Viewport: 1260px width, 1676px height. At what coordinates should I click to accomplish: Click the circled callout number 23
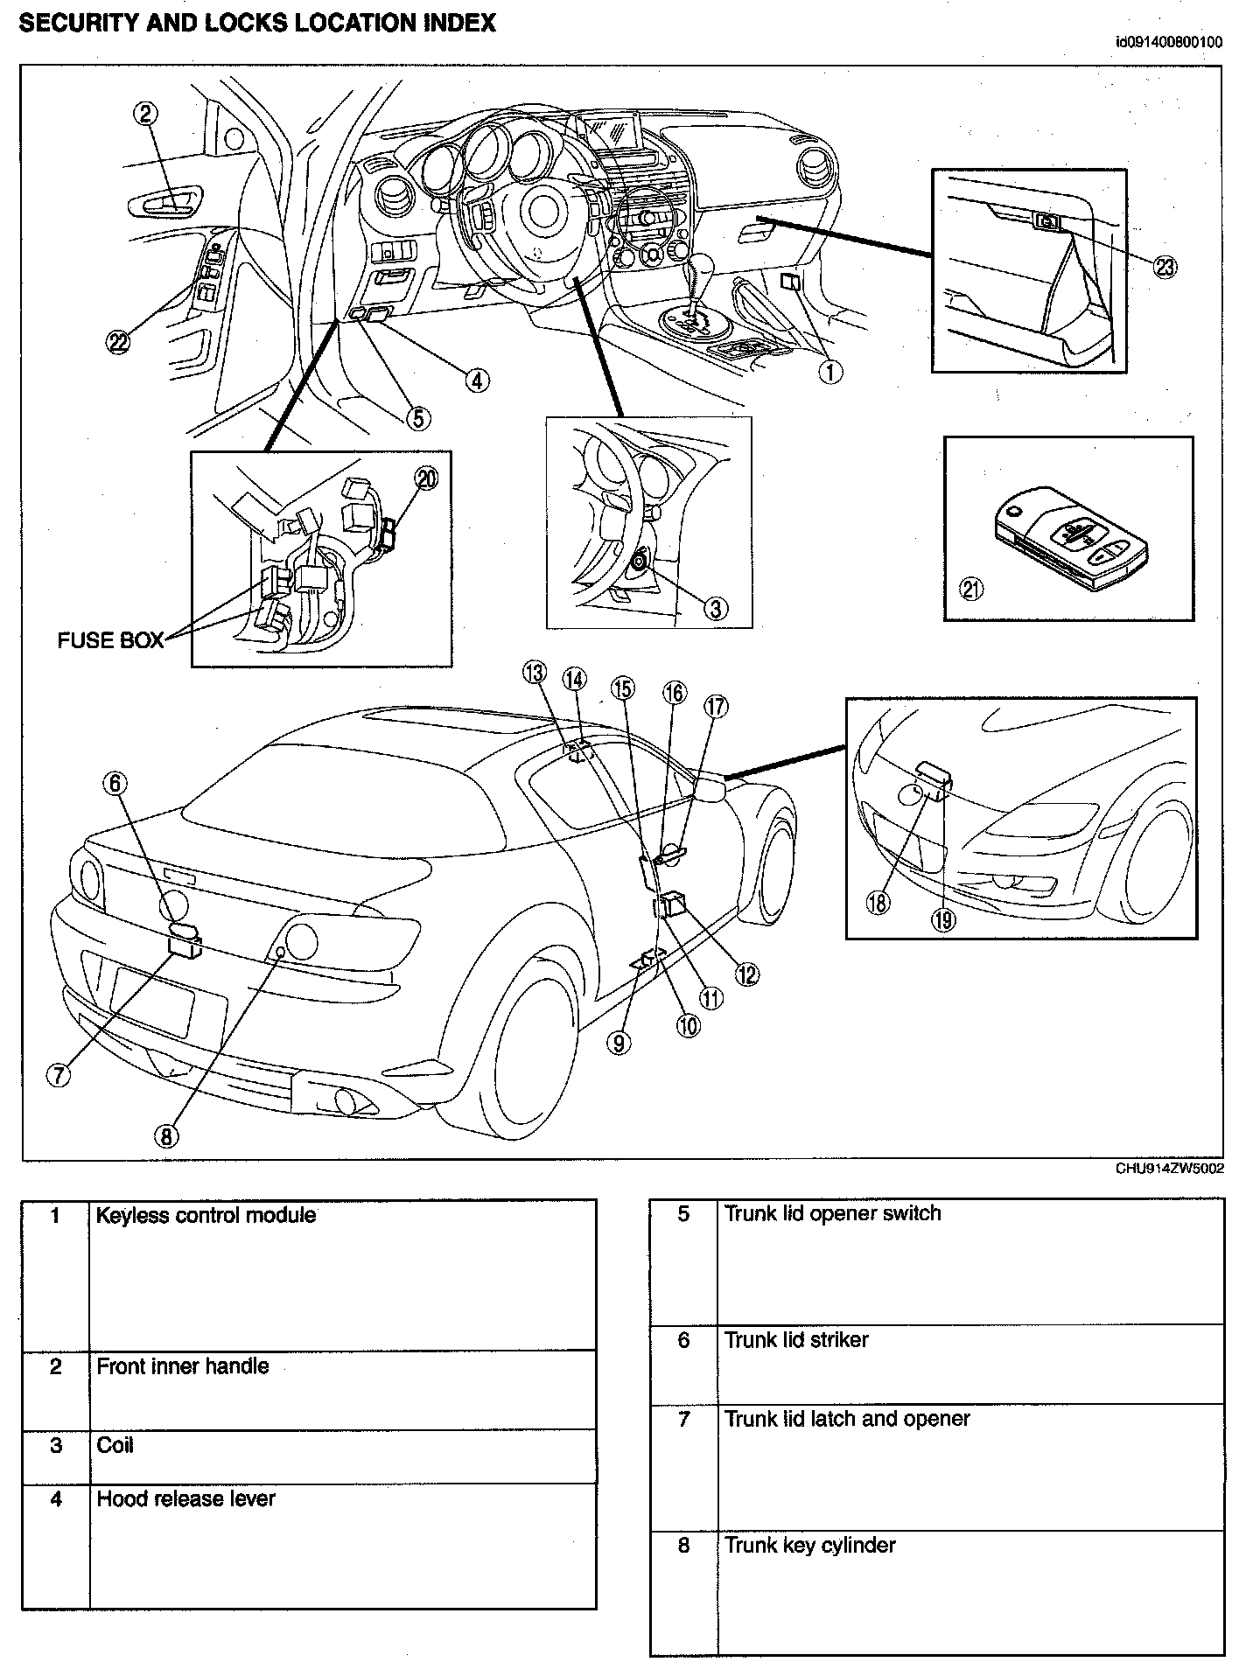(x=1165, y=267)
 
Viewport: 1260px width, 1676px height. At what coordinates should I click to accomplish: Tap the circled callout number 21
(x=971, y=590)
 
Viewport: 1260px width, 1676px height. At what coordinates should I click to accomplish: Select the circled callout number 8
(x=166, y=1135)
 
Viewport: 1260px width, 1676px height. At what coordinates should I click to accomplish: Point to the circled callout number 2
(x=144, y=113)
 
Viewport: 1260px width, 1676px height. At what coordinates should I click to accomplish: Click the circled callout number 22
(x=118, y=342)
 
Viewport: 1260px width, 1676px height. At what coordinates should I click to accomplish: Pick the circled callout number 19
(x=943, y=919)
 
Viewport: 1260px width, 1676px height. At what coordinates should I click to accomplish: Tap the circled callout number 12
(x=746, y=974)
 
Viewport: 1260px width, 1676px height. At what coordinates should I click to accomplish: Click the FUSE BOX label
(x=110, y=640)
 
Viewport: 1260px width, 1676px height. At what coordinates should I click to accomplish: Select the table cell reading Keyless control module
(x=206, y=1215)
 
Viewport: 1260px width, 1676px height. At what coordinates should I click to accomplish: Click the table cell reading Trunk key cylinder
(x=809, y=1545)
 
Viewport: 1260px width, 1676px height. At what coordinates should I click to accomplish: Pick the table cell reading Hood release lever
(x=185, y=1498)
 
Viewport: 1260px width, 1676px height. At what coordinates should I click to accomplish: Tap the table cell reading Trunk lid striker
(x=796, y=1339)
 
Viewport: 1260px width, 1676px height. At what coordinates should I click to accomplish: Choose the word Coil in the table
(x=115, y=1445)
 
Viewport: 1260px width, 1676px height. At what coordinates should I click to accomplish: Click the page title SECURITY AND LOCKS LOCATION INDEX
(x=257, y=24)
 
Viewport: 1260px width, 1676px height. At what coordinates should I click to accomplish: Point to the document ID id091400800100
(x=1169, y=42)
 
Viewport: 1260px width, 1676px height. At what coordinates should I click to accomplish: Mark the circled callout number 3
(x=716, y=608)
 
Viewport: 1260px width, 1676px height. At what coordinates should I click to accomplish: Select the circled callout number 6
(x=116, y=783)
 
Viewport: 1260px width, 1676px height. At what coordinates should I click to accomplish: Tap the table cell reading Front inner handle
(x=182, y=1366)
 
